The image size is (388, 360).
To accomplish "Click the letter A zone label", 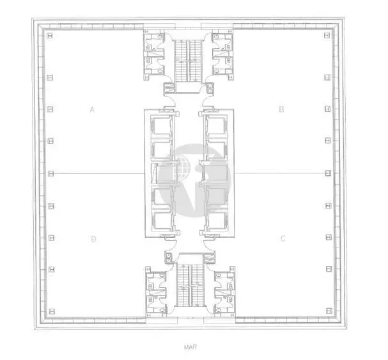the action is pos(92,109).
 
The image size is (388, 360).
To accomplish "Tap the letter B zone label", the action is pos(281,109).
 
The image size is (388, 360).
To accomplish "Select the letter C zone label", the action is pos(283,239).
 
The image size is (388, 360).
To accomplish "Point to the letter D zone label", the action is pos(93,239).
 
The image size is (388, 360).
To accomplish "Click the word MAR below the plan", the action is pos(190,347).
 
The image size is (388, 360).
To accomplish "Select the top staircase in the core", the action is pos(189,60).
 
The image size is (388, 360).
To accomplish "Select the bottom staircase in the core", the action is pos(190,285).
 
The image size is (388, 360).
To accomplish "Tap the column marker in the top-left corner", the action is pos(49,36).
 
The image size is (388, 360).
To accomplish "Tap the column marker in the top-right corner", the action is pos(327,35).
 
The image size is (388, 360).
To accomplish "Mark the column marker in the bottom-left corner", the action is pos(52,311).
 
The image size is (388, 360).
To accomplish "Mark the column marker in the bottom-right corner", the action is pos(329,311).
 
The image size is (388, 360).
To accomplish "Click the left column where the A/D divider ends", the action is pos(50,173).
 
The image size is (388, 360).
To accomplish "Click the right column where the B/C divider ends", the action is pos(328,173).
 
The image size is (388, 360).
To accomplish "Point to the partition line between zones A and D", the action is pos(99,173).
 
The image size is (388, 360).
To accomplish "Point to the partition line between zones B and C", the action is pos(280,173).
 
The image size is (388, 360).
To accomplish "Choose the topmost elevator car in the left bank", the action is pos(161,126).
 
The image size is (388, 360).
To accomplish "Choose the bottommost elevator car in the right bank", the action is pos(217,221).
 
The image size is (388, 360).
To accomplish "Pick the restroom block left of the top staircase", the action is pos(154,55).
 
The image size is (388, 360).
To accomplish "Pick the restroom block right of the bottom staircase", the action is pos(224,292).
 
